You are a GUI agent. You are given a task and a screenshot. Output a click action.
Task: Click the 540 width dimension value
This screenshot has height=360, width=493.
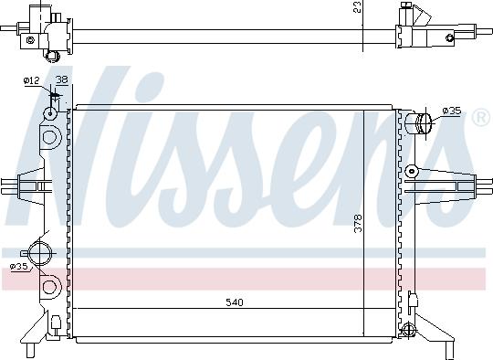[235, 302]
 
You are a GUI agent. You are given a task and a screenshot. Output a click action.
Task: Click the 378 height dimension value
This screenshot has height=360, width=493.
[358, 224]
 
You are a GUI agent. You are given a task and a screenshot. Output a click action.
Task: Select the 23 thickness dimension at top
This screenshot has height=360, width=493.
[357, 6]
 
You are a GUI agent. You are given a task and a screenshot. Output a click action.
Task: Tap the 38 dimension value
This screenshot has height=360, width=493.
[62, 79]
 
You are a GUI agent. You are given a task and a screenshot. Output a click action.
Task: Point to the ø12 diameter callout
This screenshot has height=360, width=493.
[31, 81]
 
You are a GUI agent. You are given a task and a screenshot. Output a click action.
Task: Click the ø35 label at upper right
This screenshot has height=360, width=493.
[452, 111]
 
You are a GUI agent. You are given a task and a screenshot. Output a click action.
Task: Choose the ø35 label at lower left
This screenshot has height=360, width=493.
[19, 267]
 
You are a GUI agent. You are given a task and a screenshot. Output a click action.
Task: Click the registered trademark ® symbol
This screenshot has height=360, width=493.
[481, 117]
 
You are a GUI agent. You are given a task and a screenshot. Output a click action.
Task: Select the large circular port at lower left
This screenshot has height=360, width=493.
[39, 253]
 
